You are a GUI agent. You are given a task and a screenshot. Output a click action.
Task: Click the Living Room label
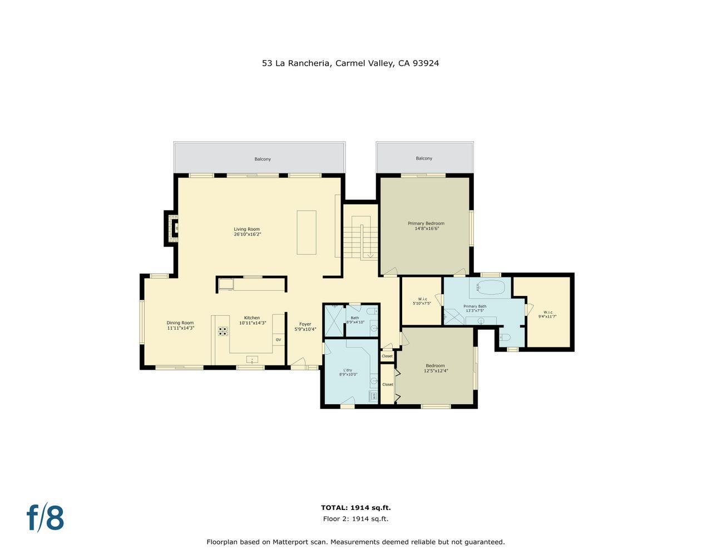[x=246, y=229]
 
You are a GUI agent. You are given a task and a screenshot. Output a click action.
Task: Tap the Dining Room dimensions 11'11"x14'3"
[x=180, y=328]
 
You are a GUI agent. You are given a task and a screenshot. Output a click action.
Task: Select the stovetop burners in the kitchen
[x=223, y=331]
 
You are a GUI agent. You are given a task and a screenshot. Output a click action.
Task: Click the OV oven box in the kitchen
[x=278, y=339]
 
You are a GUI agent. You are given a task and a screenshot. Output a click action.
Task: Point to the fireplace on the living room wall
[x=172, y=227]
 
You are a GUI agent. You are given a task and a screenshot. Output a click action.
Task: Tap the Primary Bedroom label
[x=426, y=224]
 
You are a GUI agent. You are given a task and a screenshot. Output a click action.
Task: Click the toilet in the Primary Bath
[x=505, y=336]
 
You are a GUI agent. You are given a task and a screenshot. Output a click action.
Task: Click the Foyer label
[x=305, y=324]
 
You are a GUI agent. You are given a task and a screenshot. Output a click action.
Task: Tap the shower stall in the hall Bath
[x=334, y=319]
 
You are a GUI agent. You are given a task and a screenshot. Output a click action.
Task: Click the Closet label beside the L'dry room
[x=387, y=356]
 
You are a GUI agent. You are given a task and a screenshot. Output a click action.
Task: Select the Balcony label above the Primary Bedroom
[x=424, y=158]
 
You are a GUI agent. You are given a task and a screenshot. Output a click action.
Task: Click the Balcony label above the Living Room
[x=263, y=159]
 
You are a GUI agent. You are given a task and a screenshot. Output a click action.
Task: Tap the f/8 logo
[x=46, y=518]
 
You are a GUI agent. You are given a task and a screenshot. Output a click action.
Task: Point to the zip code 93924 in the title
[x=426, y=63]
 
